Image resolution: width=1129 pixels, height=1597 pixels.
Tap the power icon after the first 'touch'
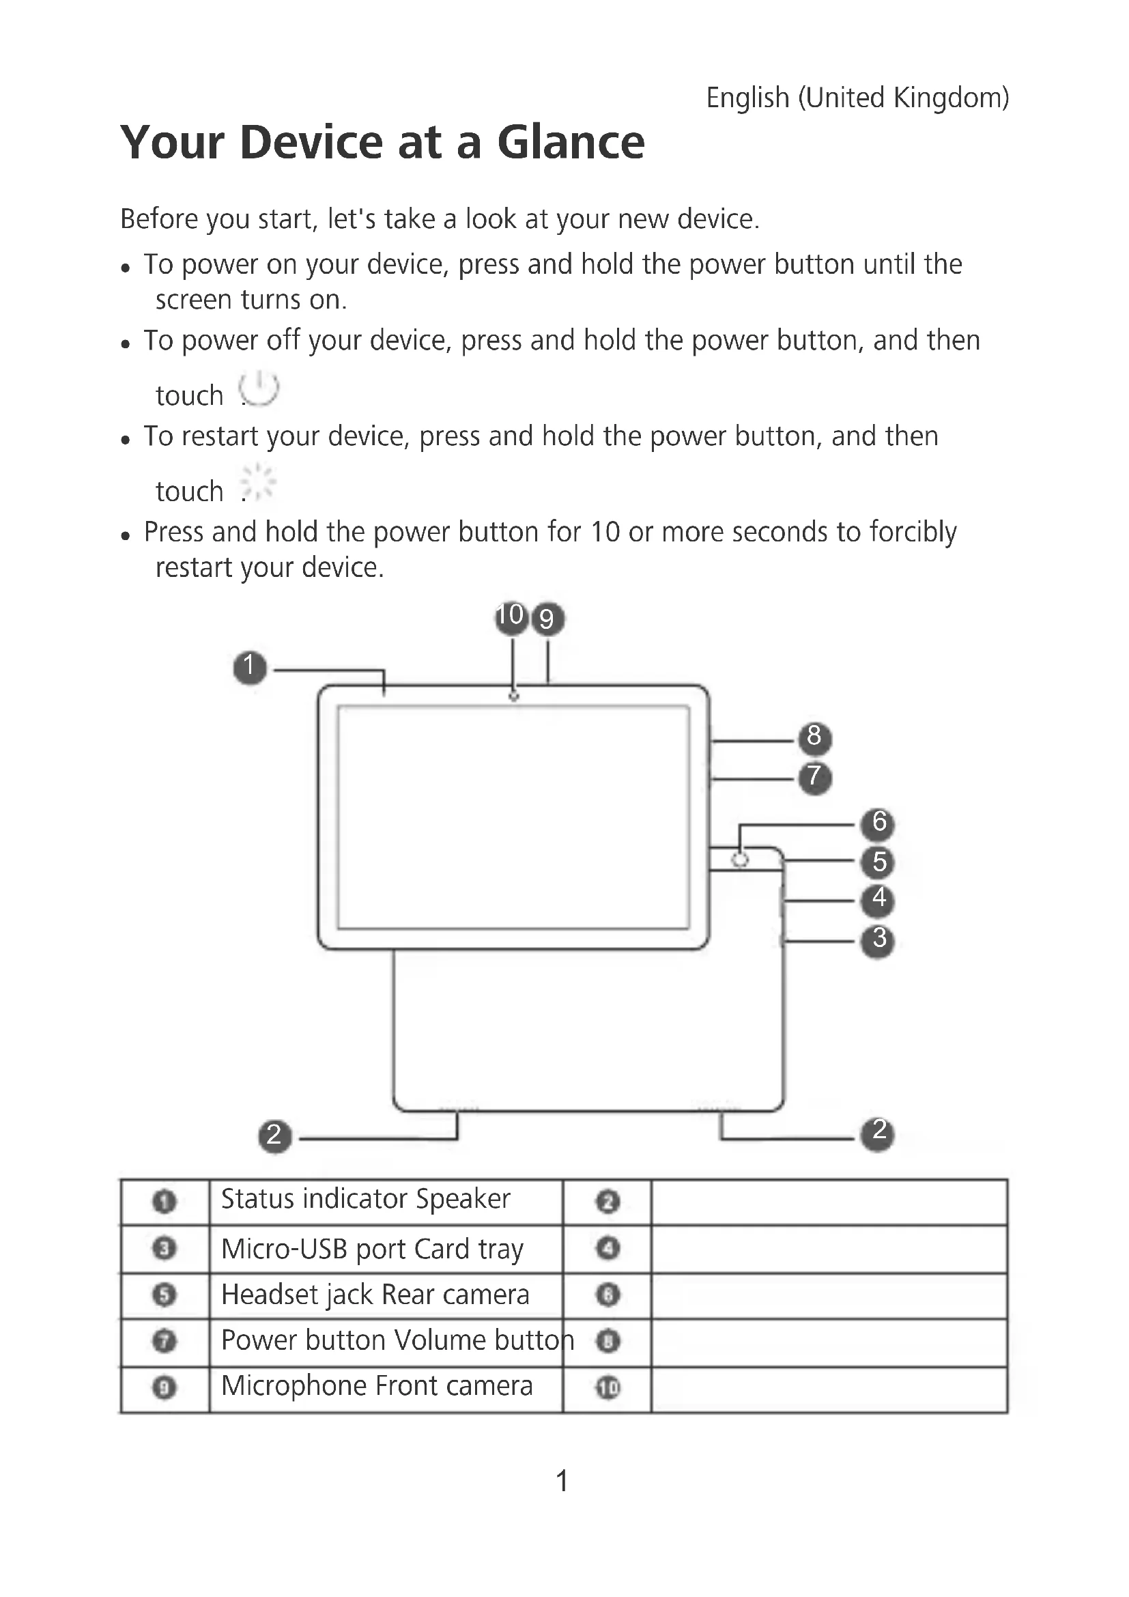pos(259,388)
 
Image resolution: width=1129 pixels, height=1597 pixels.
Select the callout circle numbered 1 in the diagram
pos(250,667)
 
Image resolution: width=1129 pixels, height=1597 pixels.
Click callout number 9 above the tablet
pos(548,619)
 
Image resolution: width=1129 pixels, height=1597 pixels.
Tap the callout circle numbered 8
pos(814,737)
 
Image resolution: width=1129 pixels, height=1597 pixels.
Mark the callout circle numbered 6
pos(878,823)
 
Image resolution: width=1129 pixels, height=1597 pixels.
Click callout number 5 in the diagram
pos(878,862)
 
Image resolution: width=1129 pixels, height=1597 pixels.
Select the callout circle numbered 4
pos(878,900)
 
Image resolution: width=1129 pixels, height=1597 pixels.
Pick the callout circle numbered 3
pos(878,939)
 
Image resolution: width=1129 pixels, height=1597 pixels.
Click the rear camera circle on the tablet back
pos(741,860)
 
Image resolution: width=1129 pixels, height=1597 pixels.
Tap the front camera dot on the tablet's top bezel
pos(514,696)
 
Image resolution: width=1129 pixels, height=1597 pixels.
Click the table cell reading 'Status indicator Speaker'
pos(366,1200)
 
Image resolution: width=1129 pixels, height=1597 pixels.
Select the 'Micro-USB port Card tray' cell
pos(372,1249)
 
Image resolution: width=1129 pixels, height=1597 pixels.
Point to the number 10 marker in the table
pos(608,1388)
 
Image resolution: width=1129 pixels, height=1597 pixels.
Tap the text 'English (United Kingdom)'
pos(857,98)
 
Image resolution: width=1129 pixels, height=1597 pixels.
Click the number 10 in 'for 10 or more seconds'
pos(604,533)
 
